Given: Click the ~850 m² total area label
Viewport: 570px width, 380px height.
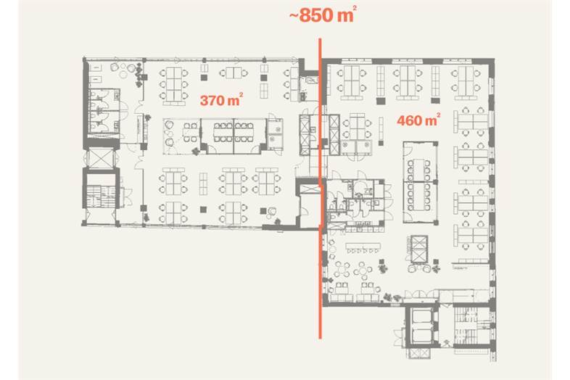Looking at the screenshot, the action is click(322, 15).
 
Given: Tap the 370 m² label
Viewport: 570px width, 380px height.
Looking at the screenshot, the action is click(221, 99).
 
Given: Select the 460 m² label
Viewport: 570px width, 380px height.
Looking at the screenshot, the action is click(418, 120).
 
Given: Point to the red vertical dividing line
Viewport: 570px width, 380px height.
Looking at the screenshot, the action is click(321, 189).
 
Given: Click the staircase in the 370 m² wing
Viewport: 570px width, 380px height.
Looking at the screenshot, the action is click(101, 196).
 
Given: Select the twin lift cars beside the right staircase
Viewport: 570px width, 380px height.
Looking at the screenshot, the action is click(421, 326).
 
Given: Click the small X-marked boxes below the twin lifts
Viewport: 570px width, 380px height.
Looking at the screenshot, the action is click(418, 352).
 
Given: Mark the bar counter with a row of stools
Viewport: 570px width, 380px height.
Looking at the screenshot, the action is click(363, 247).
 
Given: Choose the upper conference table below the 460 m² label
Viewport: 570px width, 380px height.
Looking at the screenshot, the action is click(418, 170).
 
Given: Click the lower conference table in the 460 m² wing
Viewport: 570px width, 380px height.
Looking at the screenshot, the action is click(418, 197).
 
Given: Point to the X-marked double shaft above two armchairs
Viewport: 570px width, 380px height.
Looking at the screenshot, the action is click(418, 249).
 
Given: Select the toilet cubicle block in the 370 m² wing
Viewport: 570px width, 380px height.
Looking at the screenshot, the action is click(104, 110).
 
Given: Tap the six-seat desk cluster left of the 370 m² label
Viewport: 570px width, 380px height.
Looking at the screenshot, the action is click(174, 84).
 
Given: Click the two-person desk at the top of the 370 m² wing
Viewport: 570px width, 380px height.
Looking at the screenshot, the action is click(234, 73).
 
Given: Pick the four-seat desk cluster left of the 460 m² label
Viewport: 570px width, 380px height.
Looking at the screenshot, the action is click(358, 126).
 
